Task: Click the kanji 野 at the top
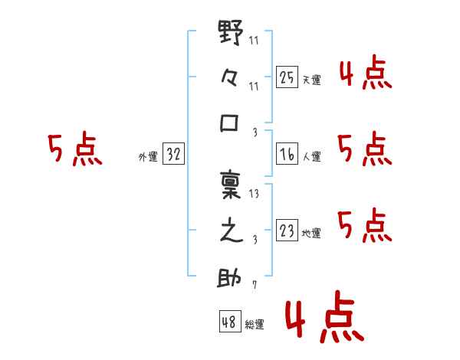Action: coord(231,32)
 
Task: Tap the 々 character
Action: coord(229,78)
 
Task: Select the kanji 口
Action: coord(229,123)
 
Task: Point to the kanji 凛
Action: coord(231,185)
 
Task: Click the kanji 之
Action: coord(232,230)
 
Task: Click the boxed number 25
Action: coord(287,77)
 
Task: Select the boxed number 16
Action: coord(287,154)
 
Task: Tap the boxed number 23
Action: coord(287,230)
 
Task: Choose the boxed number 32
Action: coord(173,154)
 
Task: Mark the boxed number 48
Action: coord(230,321)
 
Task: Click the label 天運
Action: coord(311,80)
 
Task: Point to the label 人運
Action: coord(311,156)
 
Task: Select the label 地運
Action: coord(311,233)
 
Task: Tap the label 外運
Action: coord(148,157)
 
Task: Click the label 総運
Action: coord(255,325)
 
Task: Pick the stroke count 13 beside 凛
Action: coord(254,194)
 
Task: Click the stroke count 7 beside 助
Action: coord(255,284)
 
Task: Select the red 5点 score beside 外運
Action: coord(75,149)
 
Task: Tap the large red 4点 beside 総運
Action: coord(324,316)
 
